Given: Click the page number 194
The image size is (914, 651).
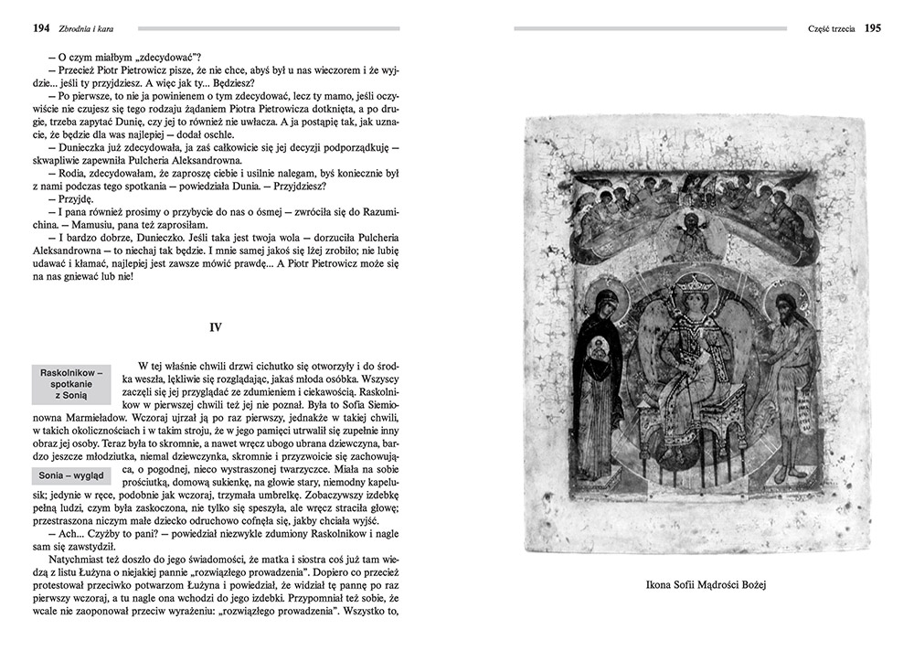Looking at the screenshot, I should click(40, 28).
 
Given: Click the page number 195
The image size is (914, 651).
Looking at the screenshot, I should click(873, 28).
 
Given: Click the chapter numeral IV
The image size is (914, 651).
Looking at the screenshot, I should click(217, 326).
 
